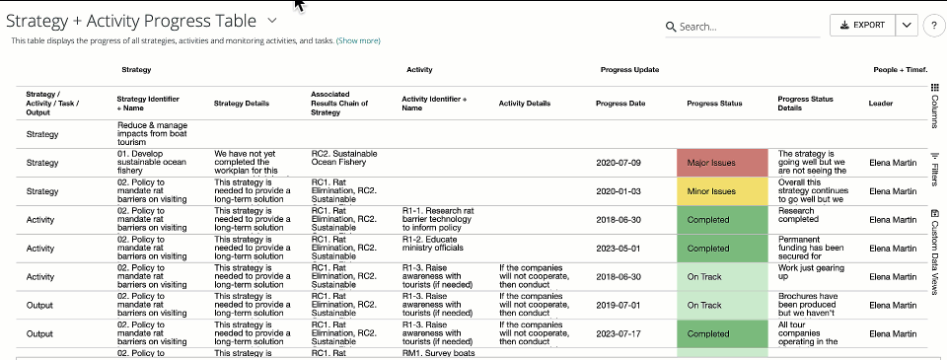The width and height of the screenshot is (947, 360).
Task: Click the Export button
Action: [862, 26]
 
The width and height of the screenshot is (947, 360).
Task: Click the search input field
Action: [748, 27]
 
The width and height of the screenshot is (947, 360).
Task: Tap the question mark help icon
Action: [934, 27]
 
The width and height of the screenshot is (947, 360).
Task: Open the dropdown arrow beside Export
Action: [908, 26]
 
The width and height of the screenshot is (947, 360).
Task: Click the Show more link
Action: [358, 40]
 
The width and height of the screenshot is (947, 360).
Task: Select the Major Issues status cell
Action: [722, 163]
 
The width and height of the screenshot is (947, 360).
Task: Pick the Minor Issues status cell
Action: [722, 191]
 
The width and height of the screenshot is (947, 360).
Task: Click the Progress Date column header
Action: [620, 103]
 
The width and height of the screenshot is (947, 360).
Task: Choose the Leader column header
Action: [880, 103]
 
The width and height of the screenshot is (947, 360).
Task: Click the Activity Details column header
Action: [525, 103]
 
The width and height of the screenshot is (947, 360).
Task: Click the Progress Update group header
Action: [629, 70]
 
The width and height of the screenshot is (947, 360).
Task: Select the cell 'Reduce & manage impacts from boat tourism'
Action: [158, 133]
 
